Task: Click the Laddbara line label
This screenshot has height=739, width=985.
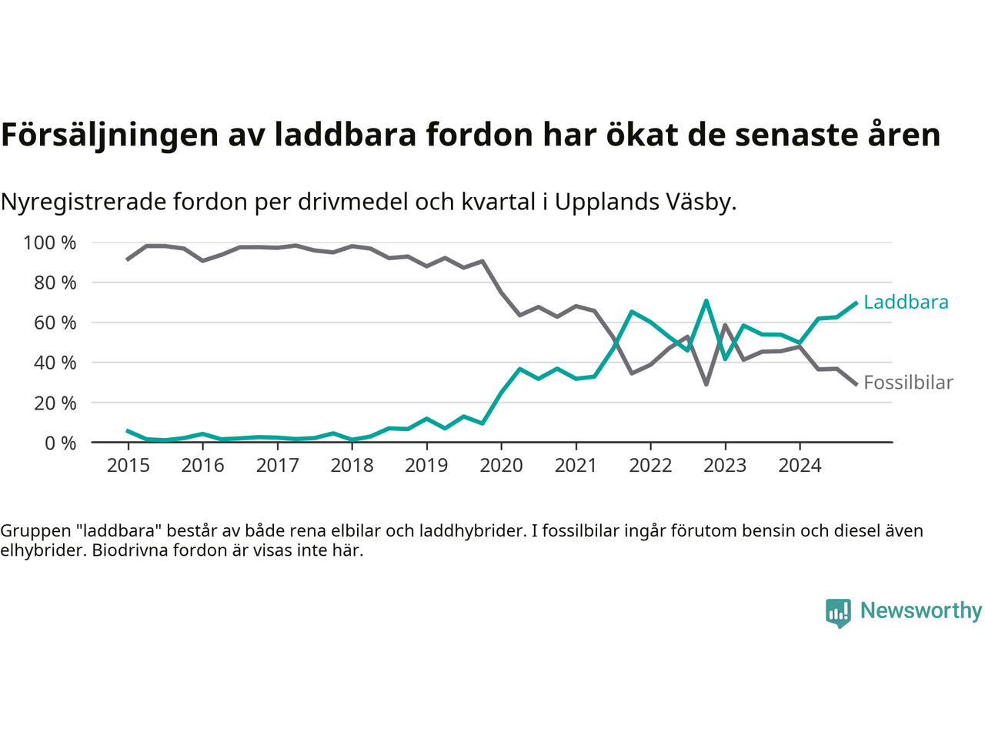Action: point(906,303)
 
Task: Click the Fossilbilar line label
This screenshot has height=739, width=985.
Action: point(908,383)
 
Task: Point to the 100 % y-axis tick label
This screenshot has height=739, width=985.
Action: point(50,243)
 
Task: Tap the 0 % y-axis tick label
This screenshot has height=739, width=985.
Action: point(60,443)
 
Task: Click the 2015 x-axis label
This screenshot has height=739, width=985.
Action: point(129,466)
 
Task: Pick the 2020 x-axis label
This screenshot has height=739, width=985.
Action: point(501,466)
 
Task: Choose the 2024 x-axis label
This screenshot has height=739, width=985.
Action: point(800,466)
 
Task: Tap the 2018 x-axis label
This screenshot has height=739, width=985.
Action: point(352,466)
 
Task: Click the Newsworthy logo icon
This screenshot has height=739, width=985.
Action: point(838,613)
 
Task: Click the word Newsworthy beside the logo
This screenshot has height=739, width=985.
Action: point(921,611)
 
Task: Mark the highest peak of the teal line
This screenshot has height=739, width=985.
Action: point(706,301)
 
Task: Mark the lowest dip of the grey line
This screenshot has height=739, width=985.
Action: point(706,384)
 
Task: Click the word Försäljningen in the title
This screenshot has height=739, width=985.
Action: point(110,135)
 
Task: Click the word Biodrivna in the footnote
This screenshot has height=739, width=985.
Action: point(125,550)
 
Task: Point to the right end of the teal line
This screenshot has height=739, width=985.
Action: point(856,303)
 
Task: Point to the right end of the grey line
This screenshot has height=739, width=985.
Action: point(856,384)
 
